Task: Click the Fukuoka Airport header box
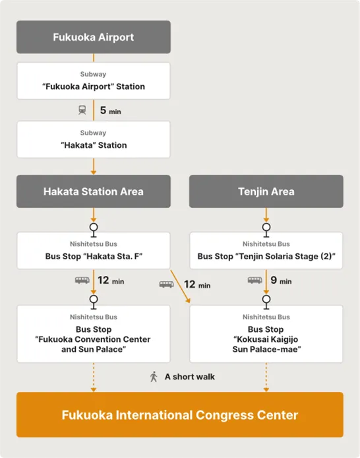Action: point(94,37)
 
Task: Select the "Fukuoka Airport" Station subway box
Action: point(94,81)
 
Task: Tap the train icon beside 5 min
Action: point(82,110)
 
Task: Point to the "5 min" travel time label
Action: point(111,110)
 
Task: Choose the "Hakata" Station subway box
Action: point(94,140)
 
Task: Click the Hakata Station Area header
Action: point(94,191)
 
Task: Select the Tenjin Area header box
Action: point(266,191)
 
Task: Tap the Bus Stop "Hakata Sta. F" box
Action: point(94,251)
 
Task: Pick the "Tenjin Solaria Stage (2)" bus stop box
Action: point(266,251)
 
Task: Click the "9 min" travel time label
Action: point(281,280)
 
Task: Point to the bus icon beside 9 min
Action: point(255,280)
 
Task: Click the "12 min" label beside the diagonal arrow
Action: point(197,284)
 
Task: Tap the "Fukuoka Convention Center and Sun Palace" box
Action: point(94,334)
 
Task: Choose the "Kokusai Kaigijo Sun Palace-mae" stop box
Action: point(266,334)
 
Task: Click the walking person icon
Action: point(154,377)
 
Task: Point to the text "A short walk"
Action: point(190,377)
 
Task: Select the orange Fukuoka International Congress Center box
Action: point(180,414)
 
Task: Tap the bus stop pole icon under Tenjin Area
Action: point(266,230)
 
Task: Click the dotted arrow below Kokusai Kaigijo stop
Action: point(266,377)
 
